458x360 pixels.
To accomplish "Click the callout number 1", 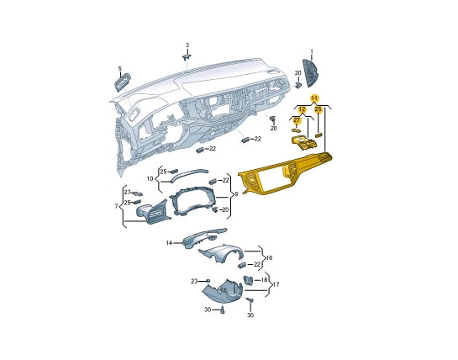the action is pos(312,52).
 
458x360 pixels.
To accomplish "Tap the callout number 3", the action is pos(187,45).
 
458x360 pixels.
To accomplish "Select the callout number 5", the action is pos(120,69).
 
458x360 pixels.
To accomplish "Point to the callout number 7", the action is pos(116,206).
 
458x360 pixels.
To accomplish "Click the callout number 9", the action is pos(236,194).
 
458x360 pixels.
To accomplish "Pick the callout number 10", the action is pos(150,178).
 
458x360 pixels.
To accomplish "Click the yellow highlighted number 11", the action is pos(314,98).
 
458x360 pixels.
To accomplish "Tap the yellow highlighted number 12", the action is pos(302,109).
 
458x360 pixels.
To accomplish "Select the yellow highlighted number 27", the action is pos(297,120).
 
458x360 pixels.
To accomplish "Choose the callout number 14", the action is pos(170,243).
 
